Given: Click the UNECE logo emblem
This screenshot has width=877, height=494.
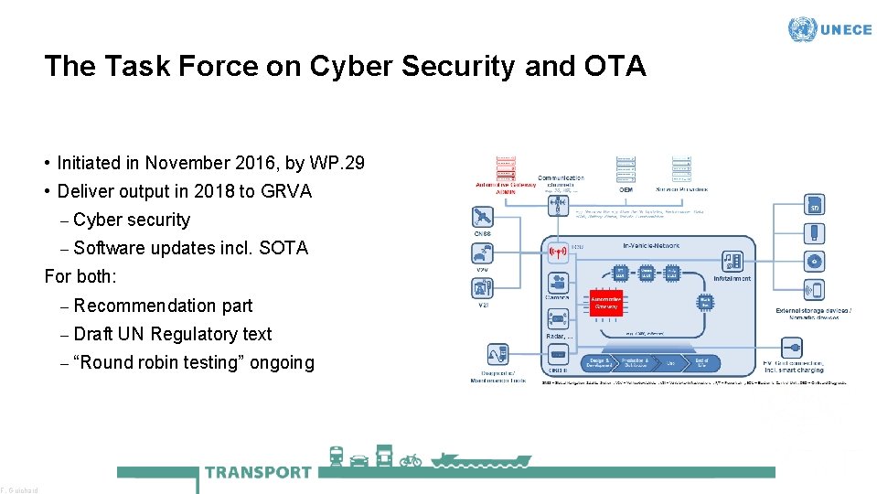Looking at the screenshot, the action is [802, 29].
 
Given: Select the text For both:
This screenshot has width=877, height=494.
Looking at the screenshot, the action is [80, 276].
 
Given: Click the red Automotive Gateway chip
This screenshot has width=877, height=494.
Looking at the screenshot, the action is [605, 303].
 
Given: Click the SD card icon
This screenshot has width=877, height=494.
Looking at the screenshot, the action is [813, 205].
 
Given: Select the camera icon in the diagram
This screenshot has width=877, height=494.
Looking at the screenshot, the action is [557, 282].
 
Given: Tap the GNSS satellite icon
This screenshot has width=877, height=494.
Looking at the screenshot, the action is [482, 217].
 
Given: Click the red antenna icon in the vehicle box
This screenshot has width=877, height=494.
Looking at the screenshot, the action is [557, 251].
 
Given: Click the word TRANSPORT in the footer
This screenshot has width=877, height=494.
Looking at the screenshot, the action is [259, 472].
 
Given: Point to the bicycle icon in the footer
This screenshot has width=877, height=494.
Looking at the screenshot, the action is [411, 459].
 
